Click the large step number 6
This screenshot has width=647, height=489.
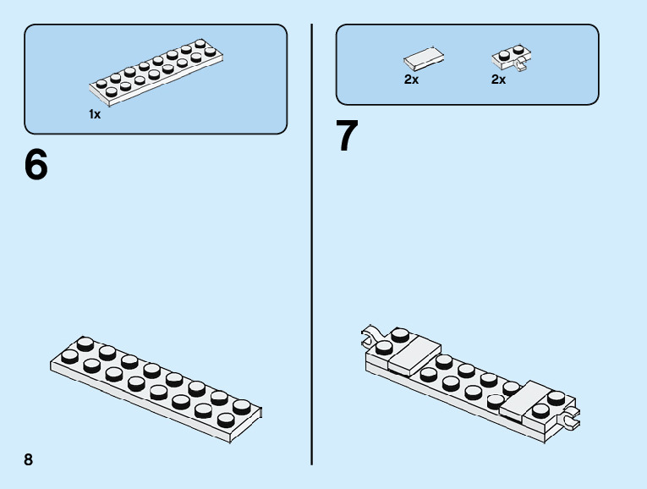[36, 165]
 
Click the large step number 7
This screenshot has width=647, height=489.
[347, 137]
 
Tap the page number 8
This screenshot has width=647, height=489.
[29, 459]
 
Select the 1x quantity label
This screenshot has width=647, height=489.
[95, 114]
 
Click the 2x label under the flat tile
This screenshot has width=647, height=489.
[411, 80]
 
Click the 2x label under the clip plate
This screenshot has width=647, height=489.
[498, 80]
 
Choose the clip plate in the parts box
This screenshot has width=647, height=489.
[509, 57]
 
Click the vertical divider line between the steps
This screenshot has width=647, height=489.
[313, 245]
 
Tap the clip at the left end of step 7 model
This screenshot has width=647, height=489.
[370, 337]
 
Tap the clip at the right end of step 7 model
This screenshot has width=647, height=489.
[572, 415]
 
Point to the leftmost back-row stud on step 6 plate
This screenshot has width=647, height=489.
[85, 343]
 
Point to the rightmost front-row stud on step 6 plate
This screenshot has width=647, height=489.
[226, 419]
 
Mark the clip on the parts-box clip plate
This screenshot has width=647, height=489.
[520, 64]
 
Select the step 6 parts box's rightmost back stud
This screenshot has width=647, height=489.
[200, 43]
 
